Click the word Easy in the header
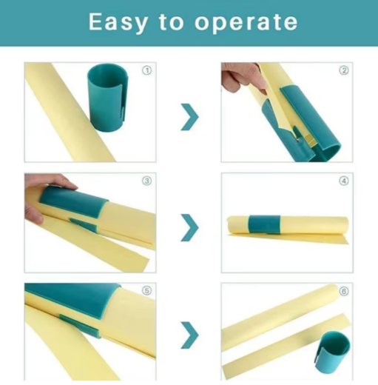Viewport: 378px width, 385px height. click(x=118, y=23)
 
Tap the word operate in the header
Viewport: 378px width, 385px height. click(x=246, y=24)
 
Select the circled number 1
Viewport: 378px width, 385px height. click(x=147, y=70)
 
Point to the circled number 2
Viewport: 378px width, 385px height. click(x=344, y=70)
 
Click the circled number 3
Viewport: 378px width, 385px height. click(x=147, y=181)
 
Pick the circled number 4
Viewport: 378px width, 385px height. click(x=344, y=181)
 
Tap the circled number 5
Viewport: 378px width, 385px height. click(x=147, y=291)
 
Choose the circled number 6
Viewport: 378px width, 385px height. click(x=344, y=291)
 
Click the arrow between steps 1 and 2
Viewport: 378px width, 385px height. click(x=190, y=117)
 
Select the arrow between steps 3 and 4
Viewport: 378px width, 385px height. click(x=190, y=227)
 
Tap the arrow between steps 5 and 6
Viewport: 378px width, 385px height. click(x=190, y=335)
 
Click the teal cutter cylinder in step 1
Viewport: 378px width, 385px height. click(x=108, y=98)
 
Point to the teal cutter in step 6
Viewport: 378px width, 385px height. click(x=333, y=352)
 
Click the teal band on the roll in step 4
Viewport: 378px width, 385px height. click(x=264, y=224)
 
